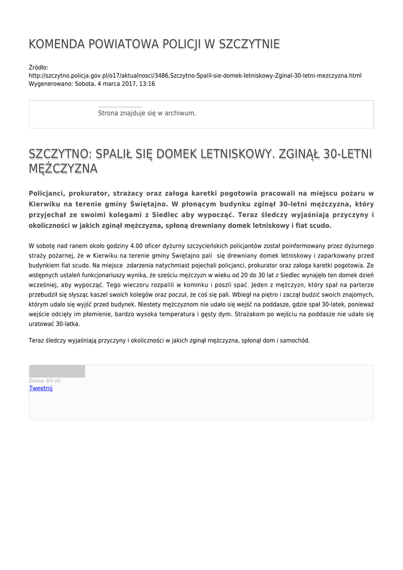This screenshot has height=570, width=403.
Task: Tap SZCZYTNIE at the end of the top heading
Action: (x=250, y=44)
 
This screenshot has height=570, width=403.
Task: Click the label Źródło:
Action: (x=38, y=67)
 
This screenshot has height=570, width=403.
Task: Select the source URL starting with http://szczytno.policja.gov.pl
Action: (x=195, y=76)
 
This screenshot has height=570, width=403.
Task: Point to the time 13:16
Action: (x=147, y=84)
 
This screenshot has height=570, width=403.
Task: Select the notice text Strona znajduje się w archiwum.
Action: (x=147, y=113)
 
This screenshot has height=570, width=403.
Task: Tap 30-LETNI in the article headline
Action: (x=344, y=154)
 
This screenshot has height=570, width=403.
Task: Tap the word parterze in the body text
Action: (x=361, y=284)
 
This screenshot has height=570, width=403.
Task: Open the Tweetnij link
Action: (x=41, y=388)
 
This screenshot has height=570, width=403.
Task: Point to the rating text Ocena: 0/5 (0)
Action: (x=45, y=381)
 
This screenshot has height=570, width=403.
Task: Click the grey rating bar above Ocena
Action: (x=57, y=371)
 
